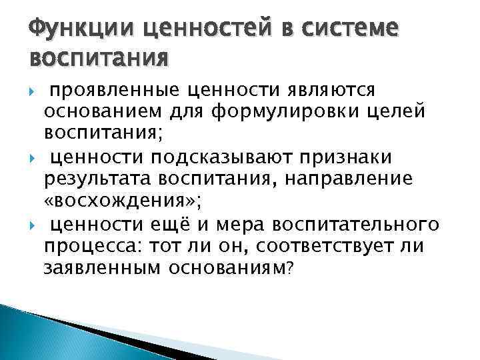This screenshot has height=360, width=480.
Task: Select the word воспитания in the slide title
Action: tap(98, 58)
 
